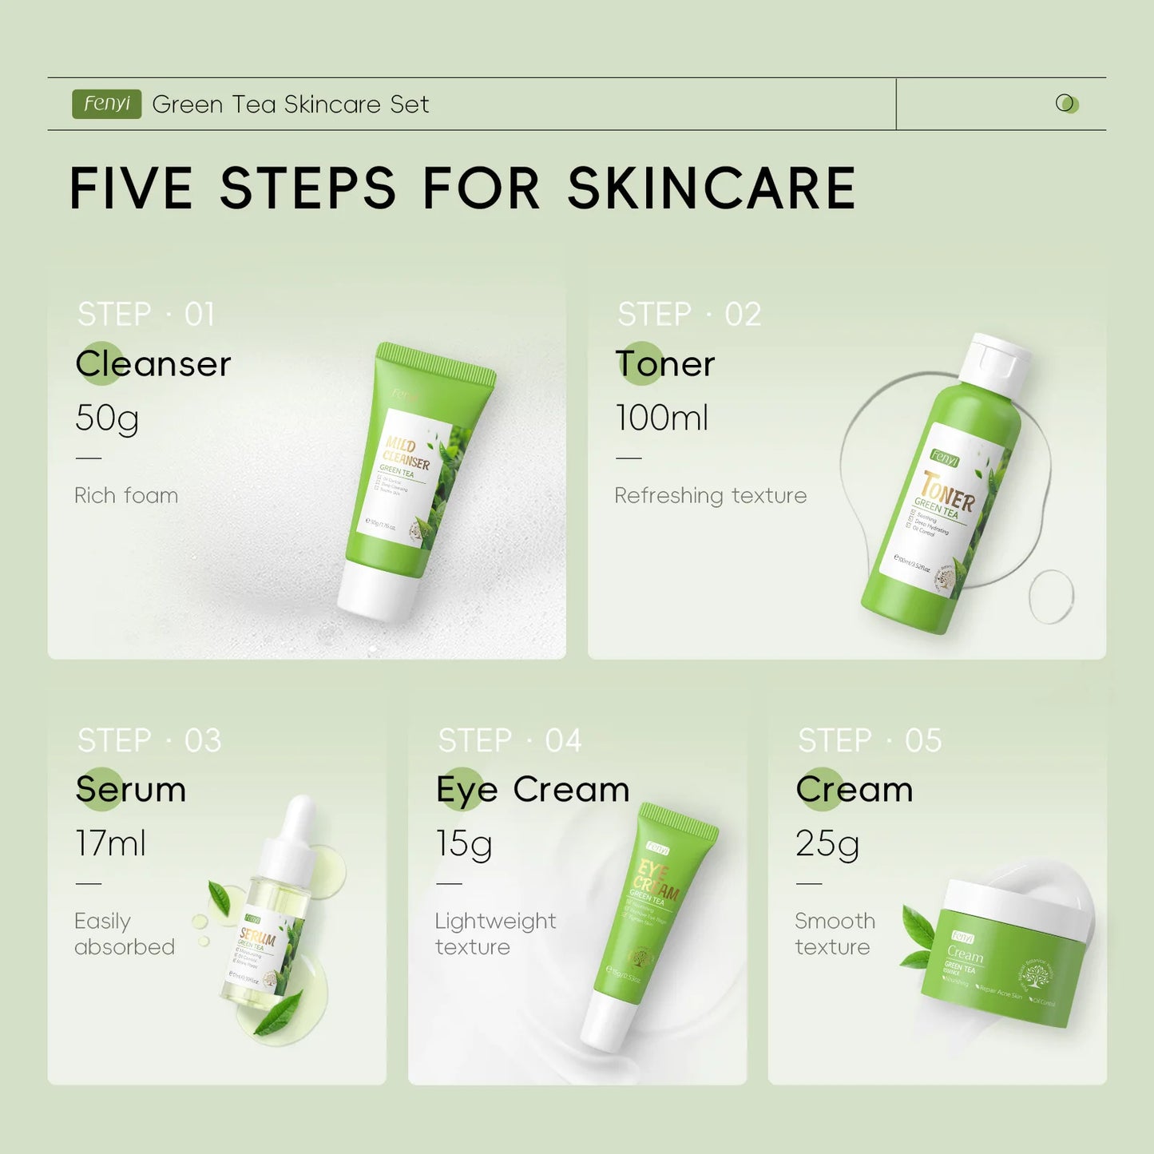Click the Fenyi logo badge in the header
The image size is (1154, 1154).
click(x=106, y=104)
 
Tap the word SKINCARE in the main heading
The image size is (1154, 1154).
click(x=711, y=189)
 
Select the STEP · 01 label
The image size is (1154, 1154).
click(x=146, y=315)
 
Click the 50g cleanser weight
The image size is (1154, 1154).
click(x=107, y=418)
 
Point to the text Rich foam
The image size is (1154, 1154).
click(x=126, y=496)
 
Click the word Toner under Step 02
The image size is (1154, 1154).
click(x=665, y=364)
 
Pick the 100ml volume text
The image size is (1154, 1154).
click(x=662, y=418)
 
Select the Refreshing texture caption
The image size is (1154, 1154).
click(x=710, y=496)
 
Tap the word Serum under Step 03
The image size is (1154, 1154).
click(x=131, y=790)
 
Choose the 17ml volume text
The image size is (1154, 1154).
click(x=111, y=843)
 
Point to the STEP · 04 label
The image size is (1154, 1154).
click(x=510, y=741)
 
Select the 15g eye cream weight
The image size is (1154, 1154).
click(x=464, y=843)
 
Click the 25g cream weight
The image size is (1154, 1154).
click(x=827, y=843)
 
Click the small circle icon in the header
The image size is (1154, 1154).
click(x=1066, y=104)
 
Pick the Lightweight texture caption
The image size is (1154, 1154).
click(x=495, y=934)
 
